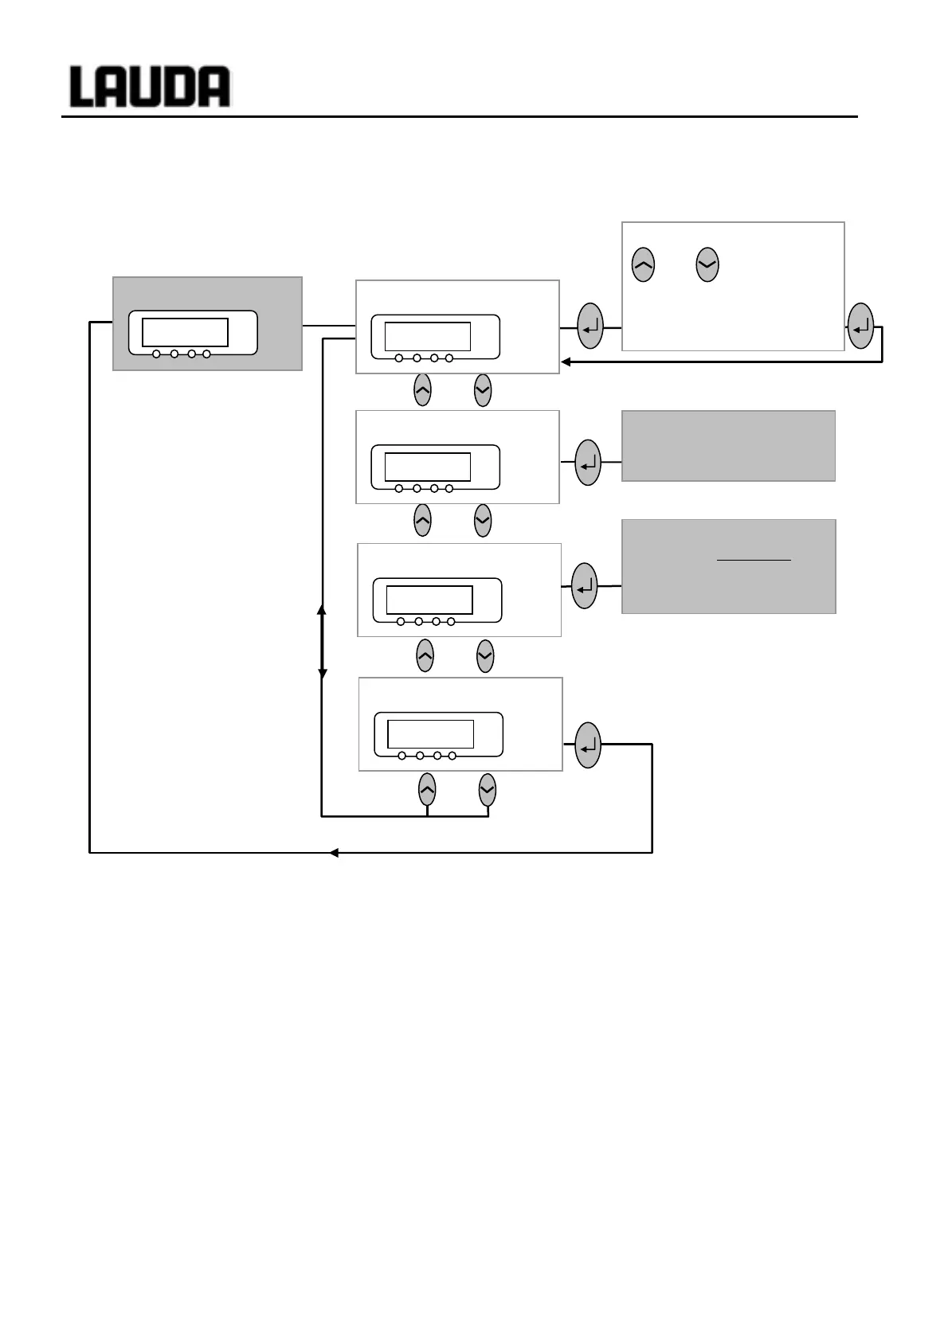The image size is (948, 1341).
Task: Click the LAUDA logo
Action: (150, 87)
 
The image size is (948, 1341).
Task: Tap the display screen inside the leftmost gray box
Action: (185, 332)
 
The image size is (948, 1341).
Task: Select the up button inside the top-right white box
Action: (643, 264)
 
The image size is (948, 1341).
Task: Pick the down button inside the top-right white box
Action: (707, 264)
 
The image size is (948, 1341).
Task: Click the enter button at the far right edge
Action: (861, 326)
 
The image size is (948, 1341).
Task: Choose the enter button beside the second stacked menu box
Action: (588, 462)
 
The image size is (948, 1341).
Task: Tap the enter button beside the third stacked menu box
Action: (585, 586)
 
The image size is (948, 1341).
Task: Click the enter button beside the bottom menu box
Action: (587, 745)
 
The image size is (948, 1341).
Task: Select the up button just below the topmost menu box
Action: (423, 390)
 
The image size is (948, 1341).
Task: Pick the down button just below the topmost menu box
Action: (483, 390)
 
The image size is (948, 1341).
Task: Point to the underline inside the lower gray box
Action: (754, 560)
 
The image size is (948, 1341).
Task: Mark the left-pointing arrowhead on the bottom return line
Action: (335, 853)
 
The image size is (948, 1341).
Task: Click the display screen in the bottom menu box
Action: (430, 733)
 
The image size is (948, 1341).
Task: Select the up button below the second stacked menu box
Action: (423, 520)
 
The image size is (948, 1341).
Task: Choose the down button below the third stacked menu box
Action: (485, 656)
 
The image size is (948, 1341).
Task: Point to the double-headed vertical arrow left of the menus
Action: (322, 641)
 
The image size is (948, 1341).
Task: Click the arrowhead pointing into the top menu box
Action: (566, 362)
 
